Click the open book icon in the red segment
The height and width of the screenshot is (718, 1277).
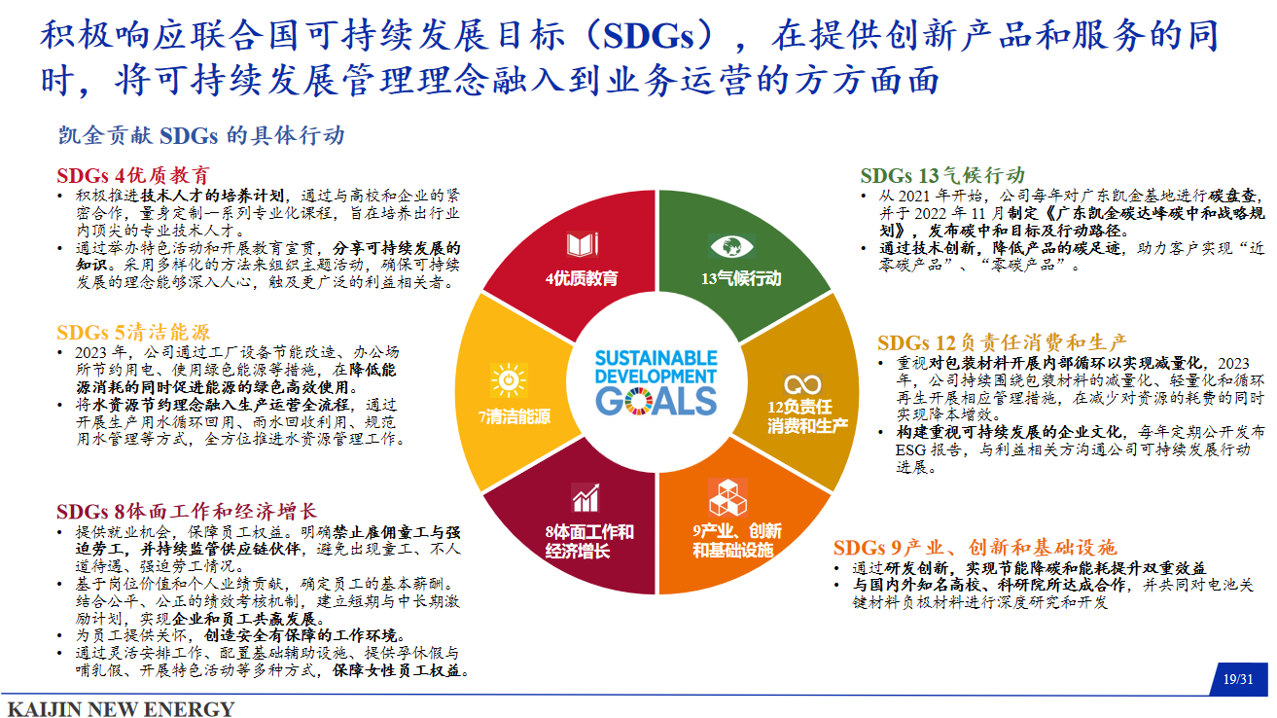point(582,244)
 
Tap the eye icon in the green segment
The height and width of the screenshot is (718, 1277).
point(732,246)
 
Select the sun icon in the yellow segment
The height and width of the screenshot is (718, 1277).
point(509,379)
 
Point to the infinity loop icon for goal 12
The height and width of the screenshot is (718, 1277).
point(802,384)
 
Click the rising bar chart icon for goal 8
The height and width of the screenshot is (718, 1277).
point(585,498)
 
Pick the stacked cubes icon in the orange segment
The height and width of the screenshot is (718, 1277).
point(727,497)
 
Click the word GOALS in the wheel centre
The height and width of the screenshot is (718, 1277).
point(656,402)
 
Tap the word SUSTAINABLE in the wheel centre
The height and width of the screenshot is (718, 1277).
point(656,358)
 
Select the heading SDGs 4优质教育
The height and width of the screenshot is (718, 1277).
point(133,174)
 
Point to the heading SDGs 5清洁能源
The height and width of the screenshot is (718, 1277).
point(133,332)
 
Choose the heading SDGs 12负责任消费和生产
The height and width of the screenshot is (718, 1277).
point(1002,342)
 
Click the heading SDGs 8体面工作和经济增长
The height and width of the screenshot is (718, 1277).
point(187,511)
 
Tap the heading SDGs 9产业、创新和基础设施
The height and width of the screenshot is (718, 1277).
point(975,548)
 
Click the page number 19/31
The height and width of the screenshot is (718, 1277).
point(1238,679)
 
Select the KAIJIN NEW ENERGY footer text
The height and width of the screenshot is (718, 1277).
point(121,709)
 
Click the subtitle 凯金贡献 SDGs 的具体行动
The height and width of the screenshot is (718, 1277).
point(202,136)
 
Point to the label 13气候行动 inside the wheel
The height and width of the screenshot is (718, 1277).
point(741,278)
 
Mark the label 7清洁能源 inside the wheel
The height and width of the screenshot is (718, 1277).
point(514,416)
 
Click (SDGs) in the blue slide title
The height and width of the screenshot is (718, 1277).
point(648,35)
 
